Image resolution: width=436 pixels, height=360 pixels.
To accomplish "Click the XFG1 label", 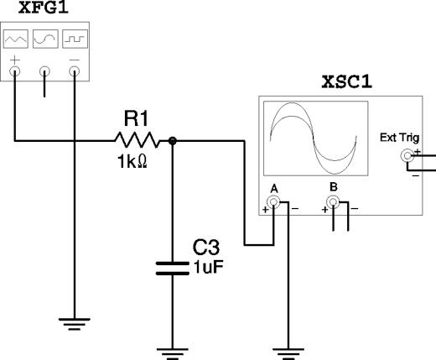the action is (44, 8).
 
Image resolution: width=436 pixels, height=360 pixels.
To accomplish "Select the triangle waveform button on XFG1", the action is (16, 39).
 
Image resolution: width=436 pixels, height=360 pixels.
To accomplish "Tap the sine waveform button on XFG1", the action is (45, 39).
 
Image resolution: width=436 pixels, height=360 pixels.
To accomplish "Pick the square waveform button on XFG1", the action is (75, 39).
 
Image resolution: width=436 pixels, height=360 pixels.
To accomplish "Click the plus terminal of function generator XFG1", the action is (15, 71).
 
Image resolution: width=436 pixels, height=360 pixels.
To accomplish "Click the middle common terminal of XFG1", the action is (44, 71).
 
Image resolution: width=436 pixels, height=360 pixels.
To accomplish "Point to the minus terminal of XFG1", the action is (75, 71).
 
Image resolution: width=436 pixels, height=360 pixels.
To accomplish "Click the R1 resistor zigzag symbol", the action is (137, 140).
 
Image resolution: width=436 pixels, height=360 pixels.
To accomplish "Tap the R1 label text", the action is (136, 118).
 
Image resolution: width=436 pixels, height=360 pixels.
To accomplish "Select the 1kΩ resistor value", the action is (132, 162).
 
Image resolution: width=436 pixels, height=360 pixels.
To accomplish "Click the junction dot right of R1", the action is (173, 141).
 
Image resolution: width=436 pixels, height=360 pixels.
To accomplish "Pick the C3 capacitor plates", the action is (173, 269).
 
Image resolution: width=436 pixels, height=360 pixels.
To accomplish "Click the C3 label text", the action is (206, 248).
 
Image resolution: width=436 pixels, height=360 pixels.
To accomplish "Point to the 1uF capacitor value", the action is (208, 268).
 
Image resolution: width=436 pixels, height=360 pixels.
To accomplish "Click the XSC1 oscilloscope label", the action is (347, 82).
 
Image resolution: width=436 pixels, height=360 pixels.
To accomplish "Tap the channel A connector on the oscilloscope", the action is (273, 202).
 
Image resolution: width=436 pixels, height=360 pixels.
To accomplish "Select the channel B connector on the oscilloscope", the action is (333, 202).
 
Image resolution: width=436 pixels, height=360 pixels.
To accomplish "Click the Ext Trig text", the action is (400, 138).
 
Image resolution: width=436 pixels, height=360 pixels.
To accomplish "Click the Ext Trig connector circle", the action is (407, 155).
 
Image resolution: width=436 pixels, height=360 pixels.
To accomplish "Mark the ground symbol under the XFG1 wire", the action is (75, 324).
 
